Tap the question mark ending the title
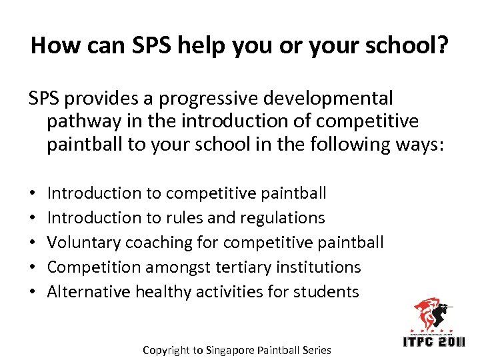(442, 45)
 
